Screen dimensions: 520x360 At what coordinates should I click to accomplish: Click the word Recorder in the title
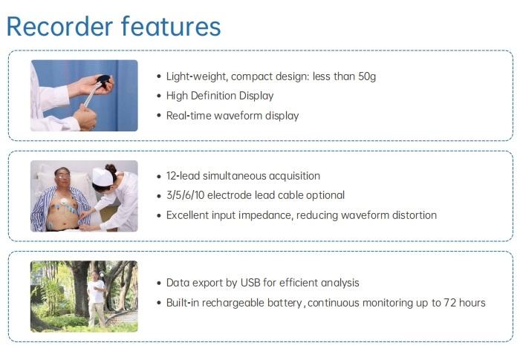click(x=59, y=26)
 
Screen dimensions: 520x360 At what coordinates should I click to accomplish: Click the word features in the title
click(x=171, y=26)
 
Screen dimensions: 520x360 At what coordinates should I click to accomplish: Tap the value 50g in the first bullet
click(x=367, y=76)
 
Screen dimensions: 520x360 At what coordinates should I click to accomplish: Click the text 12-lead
click(x=183, y=176)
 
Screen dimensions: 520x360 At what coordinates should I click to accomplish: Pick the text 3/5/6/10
click(x=186, y=195)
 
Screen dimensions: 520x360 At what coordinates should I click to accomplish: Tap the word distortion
click(x=415, y=215)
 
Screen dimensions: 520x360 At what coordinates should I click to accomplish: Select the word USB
click(x=250, y=283)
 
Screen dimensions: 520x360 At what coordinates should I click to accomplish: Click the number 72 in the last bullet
click(x=450, y=303)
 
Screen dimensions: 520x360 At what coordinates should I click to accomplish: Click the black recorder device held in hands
click(x=104, y=80)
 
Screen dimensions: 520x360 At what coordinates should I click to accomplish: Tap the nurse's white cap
click(x=103, y=177)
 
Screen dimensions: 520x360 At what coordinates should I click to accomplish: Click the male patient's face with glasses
click(x=62, y=177)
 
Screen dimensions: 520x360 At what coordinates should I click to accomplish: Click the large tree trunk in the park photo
click(x=81, y=289)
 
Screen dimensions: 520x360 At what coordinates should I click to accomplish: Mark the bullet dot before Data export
click(x=159, y=283)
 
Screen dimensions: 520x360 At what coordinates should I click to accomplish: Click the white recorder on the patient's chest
click(x=63, y=201)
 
